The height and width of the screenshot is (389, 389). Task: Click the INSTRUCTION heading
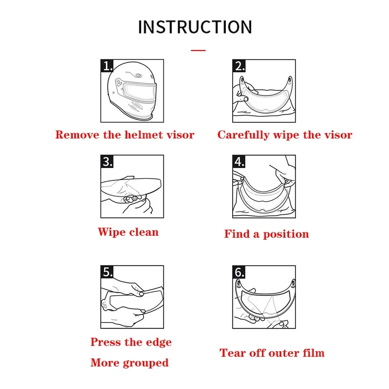[195, 27]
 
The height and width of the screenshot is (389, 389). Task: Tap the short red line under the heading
[198, 50]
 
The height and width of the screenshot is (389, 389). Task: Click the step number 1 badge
[107, 66]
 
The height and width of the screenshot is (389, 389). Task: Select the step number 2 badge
[239, 66]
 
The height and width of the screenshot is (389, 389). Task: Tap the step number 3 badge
[107, 161]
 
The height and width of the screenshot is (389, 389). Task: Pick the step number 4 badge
[239, 161]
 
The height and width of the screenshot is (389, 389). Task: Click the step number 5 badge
[107, 272]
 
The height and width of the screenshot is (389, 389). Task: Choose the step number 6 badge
[239, 272]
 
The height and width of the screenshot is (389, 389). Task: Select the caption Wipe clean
[128, 232]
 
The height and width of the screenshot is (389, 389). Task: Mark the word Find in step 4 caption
[237, 234]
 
